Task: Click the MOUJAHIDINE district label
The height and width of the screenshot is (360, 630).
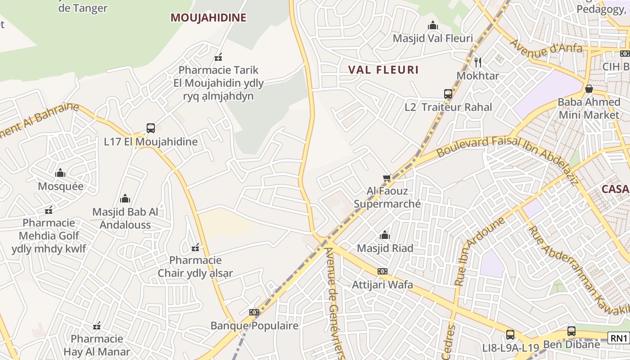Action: click(208, 18)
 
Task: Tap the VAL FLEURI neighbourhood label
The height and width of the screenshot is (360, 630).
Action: click(383, 70)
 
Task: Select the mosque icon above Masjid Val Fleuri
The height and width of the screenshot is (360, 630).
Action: click(433, 25)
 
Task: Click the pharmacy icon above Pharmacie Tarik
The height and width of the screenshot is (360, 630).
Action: click(219, 57)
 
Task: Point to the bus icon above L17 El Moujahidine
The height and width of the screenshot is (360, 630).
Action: click(151, 128)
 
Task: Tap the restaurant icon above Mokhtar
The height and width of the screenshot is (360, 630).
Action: click(478, 63)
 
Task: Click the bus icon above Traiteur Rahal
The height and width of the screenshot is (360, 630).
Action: click(448, 94)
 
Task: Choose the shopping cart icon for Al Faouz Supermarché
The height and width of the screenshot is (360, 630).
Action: click(387, 178)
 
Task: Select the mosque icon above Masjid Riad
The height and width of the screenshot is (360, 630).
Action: click(385, 235)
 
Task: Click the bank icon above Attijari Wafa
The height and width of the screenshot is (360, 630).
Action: click(382, 271)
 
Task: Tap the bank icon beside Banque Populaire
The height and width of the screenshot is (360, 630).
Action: click(254, 312)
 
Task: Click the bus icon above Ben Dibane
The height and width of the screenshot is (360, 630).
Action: click(571, 331)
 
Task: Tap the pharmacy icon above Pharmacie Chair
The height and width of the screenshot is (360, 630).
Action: click(195, 247)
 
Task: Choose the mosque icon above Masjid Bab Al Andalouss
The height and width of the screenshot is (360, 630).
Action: click(125, 198)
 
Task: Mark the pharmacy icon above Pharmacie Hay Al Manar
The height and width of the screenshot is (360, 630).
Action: click(97, 326)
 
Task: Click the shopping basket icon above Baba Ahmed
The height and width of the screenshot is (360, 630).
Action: click(589, 89)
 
